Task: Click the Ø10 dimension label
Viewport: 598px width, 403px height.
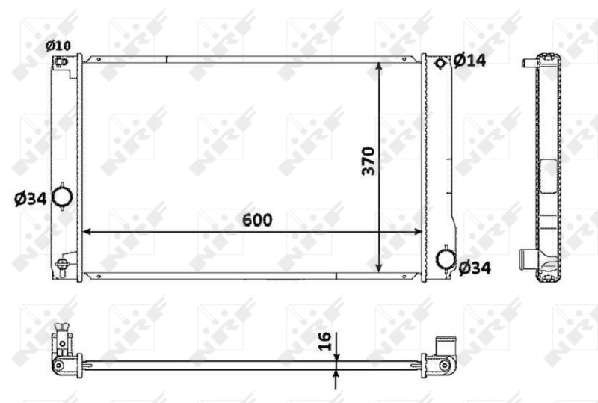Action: (58, 46)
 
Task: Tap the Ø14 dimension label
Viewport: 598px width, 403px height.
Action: (469, 60)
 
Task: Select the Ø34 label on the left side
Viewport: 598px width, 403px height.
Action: (31, 198)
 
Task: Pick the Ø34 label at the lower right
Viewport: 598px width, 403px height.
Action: (475, 267)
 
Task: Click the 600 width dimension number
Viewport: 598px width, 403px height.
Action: (256, 220)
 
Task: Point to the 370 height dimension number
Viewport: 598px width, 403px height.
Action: (369, 161)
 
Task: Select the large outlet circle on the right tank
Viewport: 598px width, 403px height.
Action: (446, 259)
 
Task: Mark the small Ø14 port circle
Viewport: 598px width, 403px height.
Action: (440, 62)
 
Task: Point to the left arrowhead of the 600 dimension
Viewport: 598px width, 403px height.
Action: (86, 231)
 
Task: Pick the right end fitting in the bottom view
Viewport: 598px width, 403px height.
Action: (446, 359)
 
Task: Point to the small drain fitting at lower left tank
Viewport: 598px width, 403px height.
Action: (63, 263)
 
